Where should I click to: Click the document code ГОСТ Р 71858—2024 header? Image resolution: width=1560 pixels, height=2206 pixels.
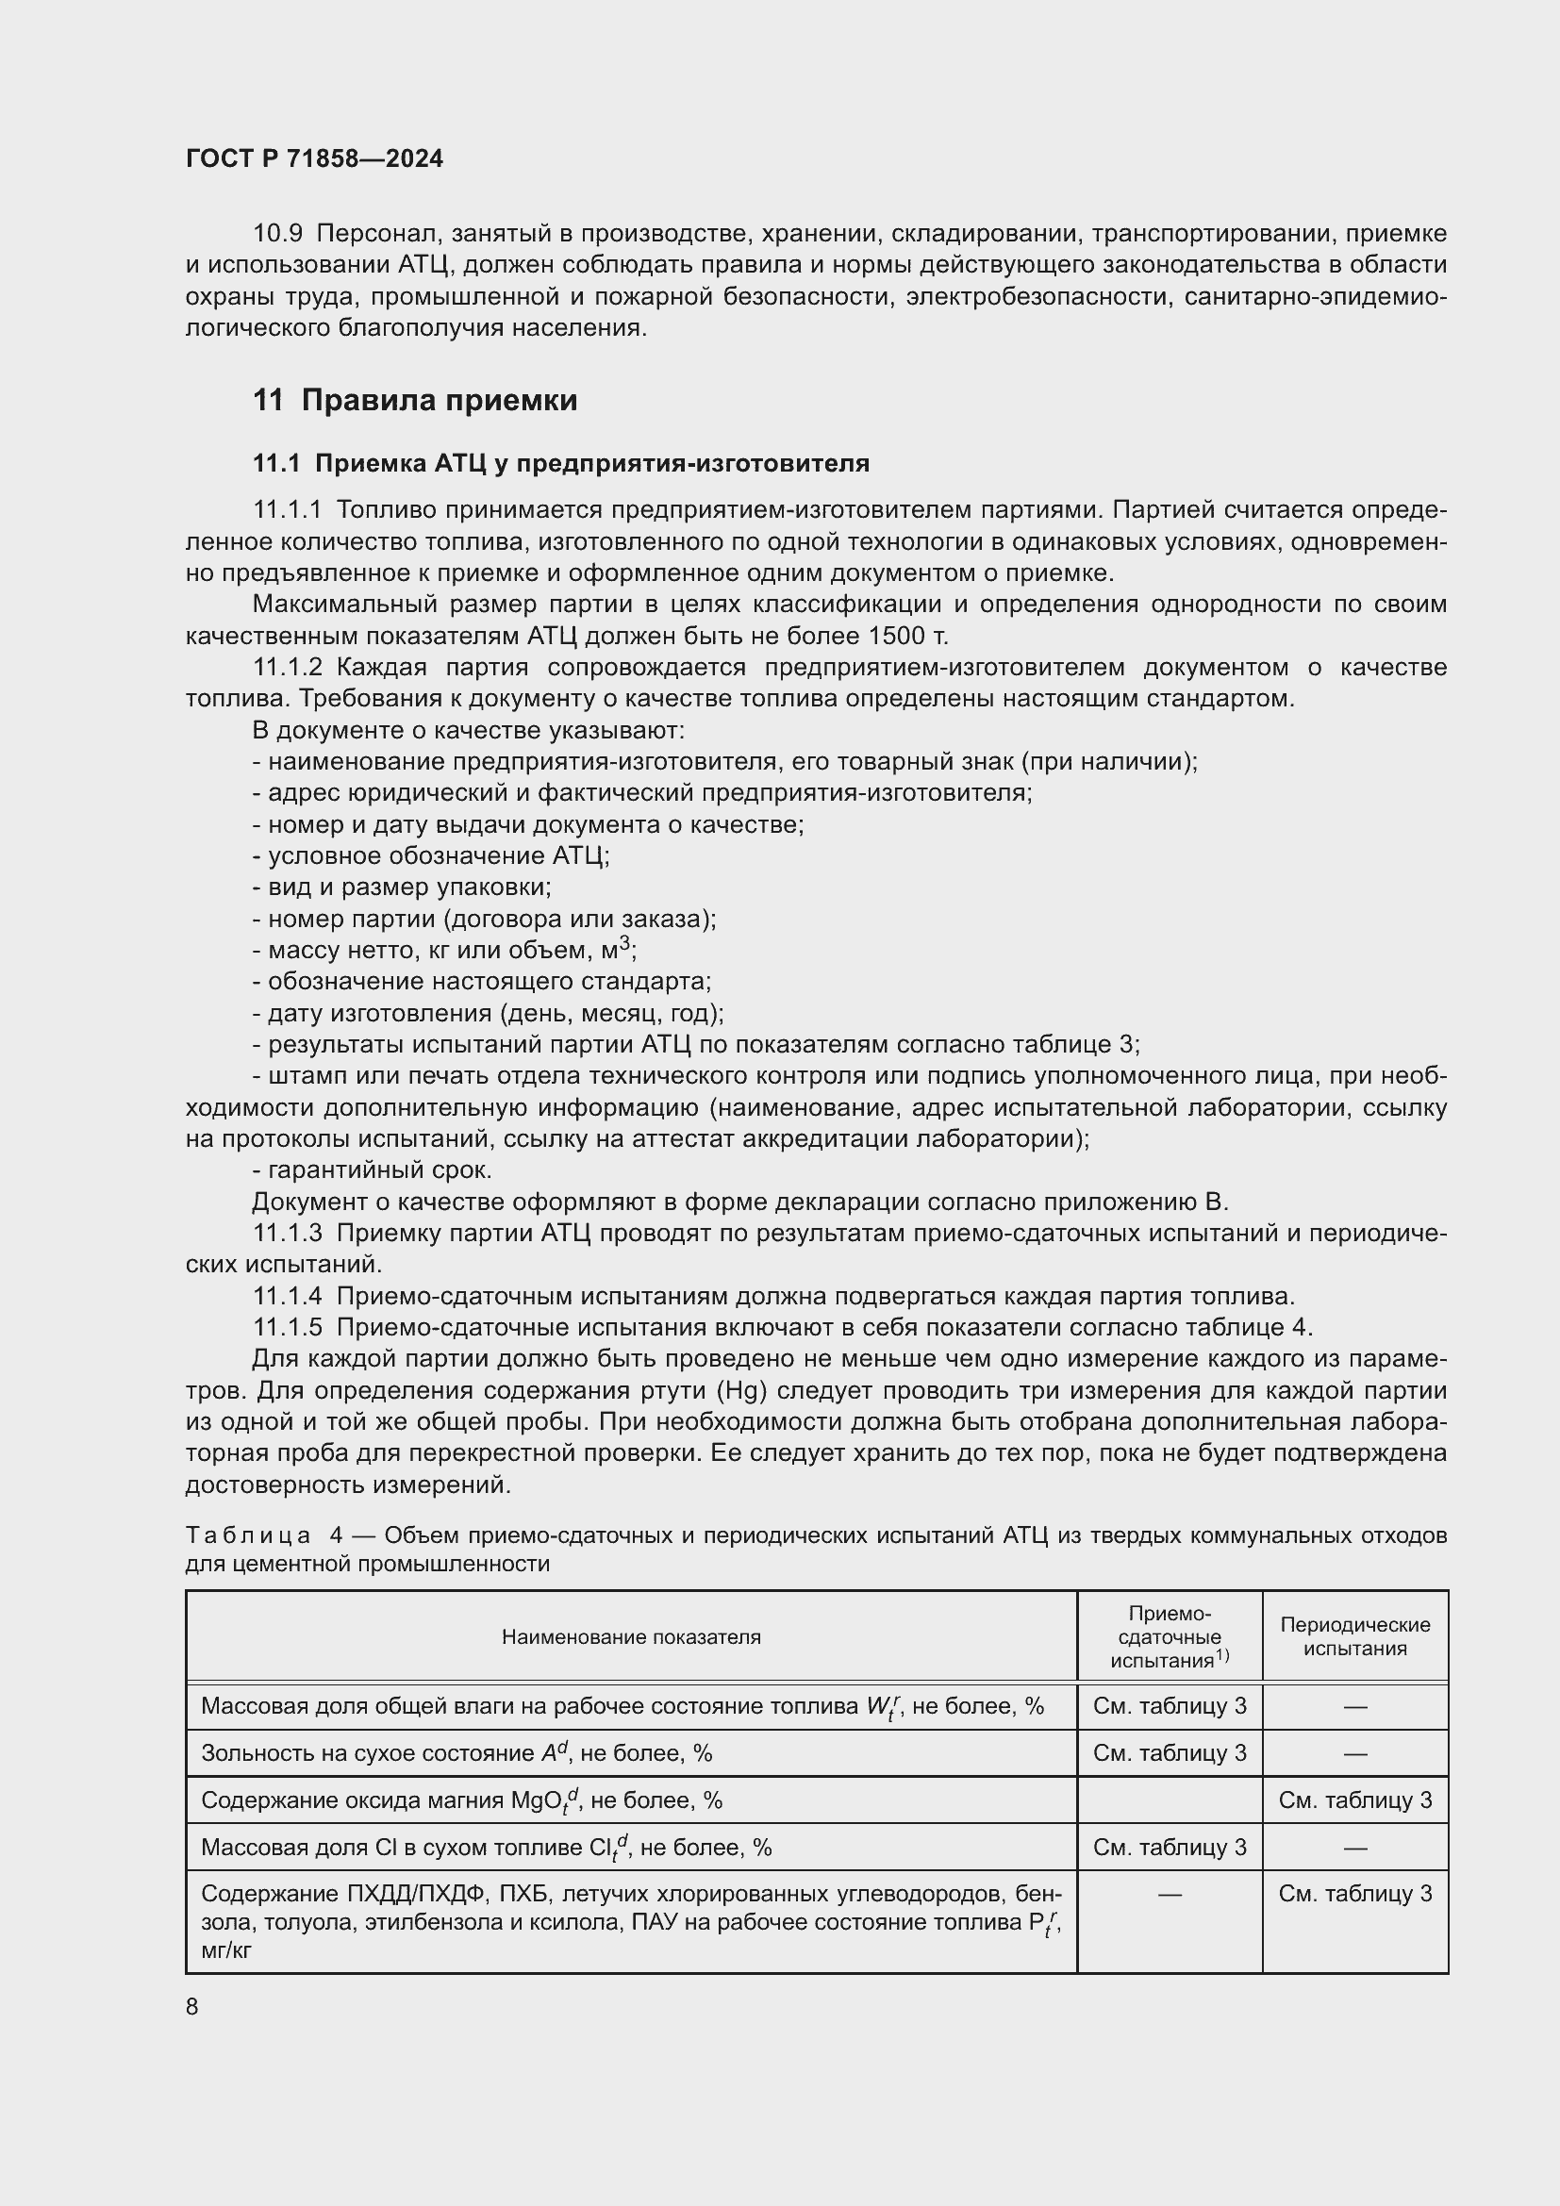click(x=314, y=158)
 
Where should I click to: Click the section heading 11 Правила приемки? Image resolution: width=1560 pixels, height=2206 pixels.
click(x=415, y=400)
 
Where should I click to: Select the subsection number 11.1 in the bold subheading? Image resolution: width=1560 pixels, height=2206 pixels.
click(x=275, y=464)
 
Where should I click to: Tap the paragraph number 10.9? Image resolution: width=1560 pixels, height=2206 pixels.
click(x=277, y=234)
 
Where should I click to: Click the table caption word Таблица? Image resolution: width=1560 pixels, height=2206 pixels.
click(x=248, y=1535)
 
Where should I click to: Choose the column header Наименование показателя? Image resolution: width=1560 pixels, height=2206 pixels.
click(x=631, y=1637)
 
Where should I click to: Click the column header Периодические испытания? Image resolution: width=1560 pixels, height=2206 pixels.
click(x=1354, y=1636)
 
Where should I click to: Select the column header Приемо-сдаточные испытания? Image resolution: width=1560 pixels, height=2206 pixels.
click(x=1169, y=1636)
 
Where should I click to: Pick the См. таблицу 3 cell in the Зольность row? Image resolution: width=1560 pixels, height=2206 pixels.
click(x=1169, y=1753)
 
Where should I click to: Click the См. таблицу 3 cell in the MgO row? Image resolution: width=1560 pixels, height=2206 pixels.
click(x=1354, y=1800)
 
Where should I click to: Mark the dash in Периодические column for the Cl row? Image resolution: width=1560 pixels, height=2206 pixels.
click(x=1354, y=1848)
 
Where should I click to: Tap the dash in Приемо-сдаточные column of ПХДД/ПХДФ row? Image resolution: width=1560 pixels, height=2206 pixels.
click(x=1169, y=1895)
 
